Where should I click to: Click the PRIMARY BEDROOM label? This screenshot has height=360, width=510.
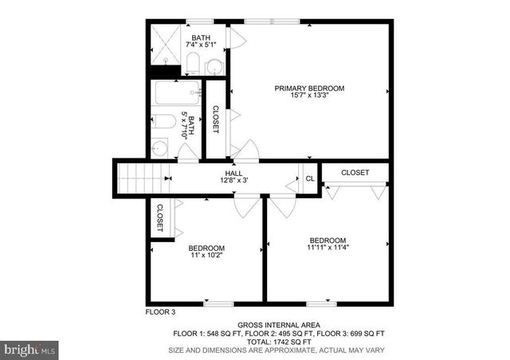[x=309, y=88]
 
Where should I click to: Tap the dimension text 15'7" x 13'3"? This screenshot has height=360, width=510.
[x=309, y=96]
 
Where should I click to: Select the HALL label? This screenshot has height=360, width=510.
[x=233, y=172]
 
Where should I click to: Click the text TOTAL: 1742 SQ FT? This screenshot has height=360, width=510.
[x=279, y=342]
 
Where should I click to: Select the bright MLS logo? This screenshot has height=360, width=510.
[x=29, y=349]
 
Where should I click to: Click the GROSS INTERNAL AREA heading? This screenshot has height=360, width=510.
[x=279, y=325]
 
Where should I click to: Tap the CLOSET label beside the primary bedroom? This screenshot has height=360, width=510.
[x=214, y=119]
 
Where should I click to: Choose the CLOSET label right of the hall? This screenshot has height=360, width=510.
[x=355, y=172]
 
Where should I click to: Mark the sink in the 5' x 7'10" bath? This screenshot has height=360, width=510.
[x=159, y=148]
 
